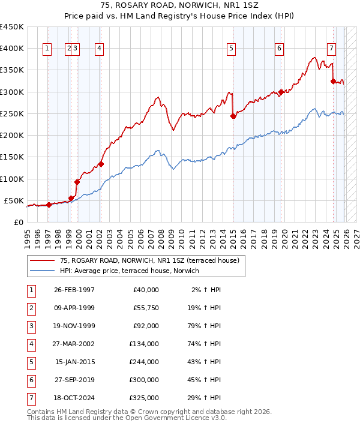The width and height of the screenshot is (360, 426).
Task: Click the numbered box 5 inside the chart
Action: tap(232, 49)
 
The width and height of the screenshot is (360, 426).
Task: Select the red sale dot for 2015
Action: tap(233, 116)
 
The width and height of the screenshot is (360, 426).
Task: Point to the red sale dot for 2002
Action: tap(101, 164)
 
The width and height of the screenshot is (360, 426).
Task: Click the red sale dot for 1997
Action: tap(49, 205)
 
